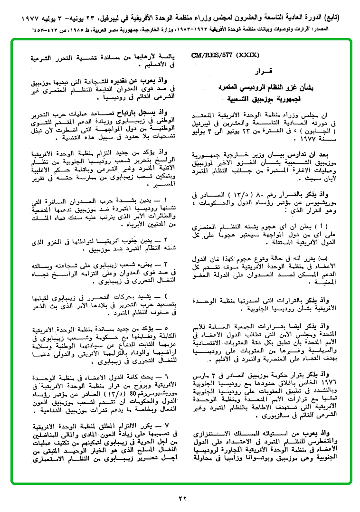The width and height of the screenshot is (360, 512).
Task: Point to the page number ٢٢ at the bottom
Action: tap(183, 498)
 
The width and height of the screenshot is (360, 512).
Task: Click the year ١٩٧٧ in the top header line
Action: tap(34, 19)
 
